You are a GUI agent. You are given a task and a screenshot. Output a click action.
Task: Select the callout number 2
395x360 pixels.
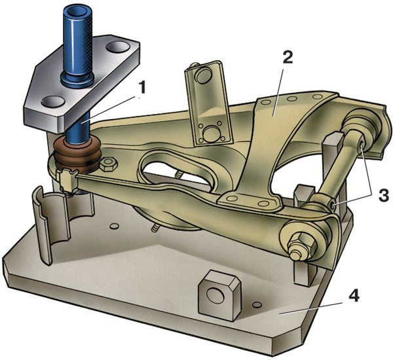pos(288,58)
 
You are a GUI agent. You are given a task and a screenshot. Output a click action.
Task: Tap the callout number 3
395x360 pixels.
pos(384,194)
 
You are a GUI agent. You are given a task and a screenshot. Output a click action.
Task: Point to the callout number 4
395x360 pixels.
pos(354,298)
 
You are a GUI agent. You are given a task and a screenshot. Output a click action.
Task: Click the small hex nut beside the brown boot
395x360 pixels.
pos(109,164)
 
